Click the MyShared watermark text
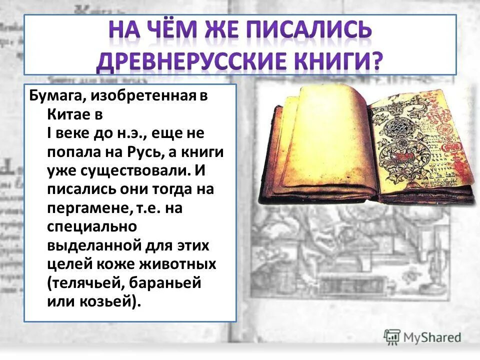[x=432, y=337]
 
